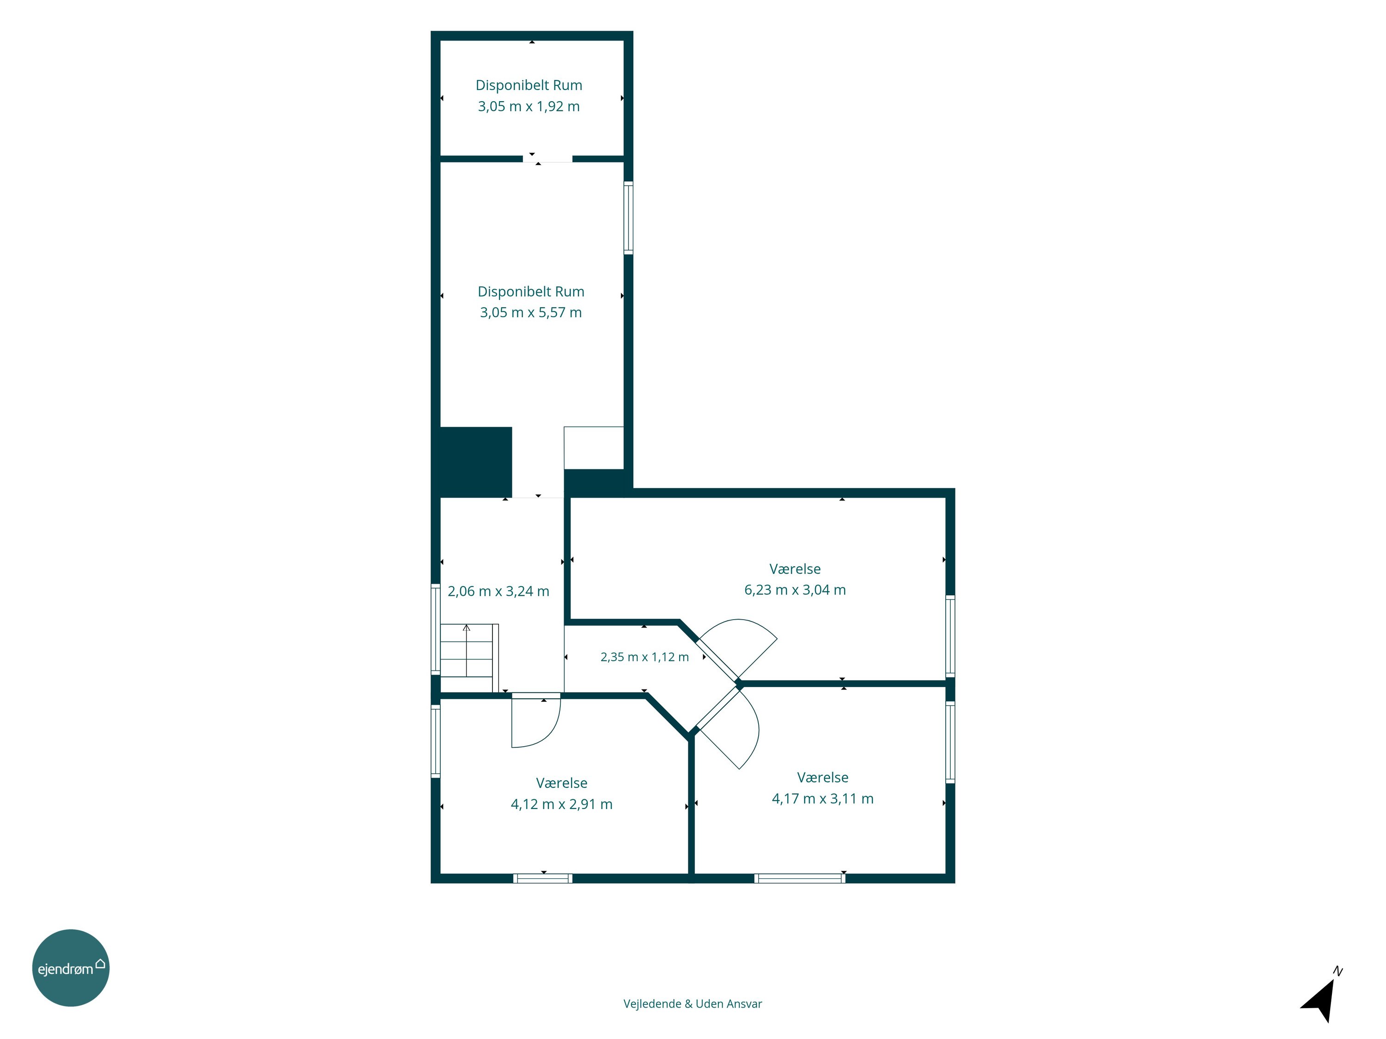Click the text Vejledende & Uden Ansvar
coord(693,1004)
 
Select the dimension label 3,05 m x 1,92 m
coord(529,107)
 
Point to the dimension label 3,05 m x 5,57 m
coord(531,313)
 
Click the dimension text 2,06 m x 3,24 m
coord(498,591)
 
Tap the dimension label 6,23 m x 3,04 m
coord(795,590)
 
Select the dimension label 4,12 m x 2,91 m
coord(561,804)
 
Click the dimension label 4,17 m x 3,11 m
coord(822,798)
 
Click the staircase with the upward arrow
coord(469,658)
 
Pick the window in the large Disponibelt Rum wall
coord(628,218)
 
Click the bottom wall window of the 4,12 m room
coord(543,878)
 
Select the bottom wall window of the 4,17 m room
coord(800,878)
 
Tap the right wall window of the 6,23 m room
coord(950,636)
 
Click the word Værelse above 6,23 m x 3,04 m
coord(795,568)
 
